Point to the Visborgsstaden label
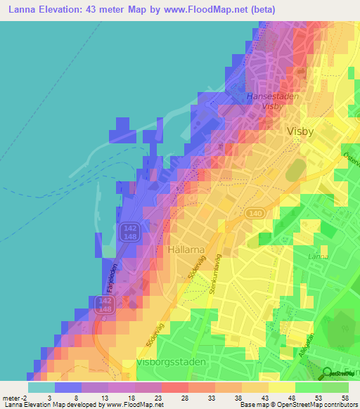(167, 364)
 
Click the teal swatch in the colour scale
(41, 387)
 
